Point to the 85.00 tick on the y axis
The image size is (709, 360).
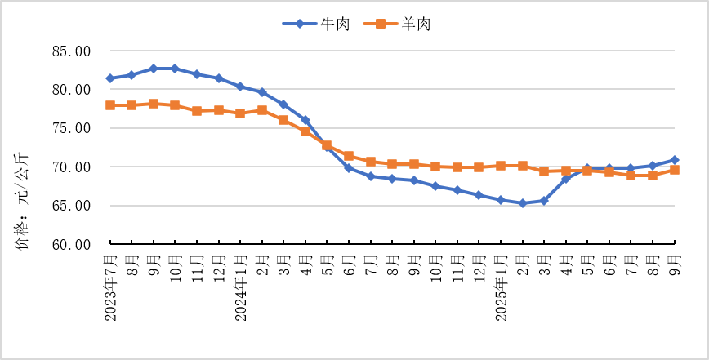(72, 51)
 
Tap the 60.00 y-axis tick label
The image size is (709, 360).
(72, 244)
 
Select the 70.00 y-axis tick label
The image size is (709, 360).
(72, 167)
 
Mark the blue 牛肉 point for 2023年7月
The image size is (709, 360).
(110, 78)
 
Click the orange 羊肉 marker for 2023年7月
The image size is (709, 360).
(110, 105)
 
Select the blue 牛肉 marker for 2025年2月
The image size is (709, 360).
(523, 203)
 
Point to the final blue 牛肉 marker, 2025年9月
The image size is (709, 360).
(675, 160)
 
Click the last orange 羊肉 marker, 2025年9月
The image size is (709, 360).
(675, 170)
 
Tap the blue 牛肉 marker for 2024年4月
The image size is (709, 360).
(305, 120)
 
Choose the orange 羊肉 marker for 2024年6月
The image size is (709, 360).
(349, 156)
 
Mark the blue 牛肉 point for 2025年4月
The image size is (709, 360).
(566, 179)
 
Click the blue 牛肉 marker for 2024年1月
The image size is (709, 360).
(240, 87)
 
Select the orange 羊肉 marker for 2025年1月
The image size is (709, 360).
(501, 166)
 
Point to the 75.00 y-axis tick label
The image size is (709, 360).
(72, 128)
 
